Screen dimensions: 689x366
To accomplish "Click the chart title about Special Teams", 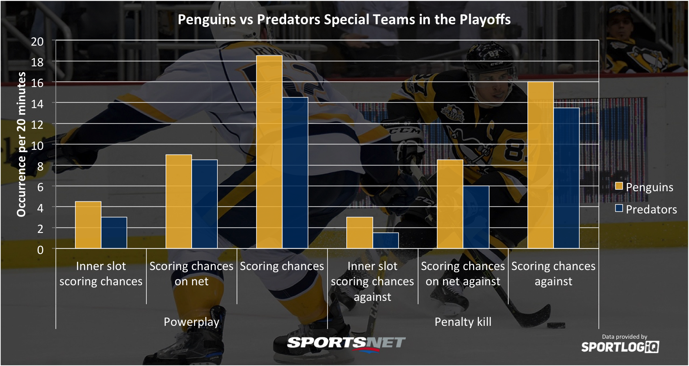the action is (x=344, y=20).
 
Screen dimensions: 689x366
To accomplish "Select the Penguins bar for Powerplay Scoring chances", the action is (x=269, y=152).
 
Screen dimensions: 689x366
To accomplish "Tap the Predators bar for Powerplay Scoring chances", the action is (x=295, y=173).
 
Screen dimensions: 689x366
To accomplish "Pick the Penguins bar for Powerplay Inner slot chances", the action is (x=88, y=225).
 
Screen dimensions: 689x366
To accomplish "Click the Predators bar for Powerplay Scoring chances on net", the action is (x=205, y=204).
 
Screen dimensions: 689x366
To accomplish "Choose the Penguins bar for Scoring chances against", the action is (x=541, y=165).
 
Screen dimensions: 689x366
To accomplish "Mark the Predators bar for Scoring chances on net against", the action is (x=476, y=217).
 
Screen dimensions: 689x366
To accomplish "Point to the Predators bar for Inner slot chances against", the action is (x=386, y=240).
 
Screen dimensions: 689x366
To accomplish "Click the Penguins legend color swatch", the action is (x=619, y=186).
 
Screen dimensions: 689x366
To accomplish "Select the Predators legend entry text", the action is (x=652, y=210).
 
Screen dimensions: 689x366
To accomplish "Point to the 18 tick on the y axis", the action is (x=37, y=62).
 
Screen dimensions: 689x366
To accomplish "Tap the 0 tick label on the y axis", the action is (x=40, y=250).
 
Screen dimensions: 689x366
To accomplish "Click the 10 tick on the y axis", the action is (x=37, y=146).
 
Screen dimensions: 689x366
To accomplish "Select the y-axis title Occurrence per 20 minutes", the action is (x=21, y=144).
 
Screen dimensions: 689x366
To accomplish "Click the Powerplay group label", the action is (x=191, y=322).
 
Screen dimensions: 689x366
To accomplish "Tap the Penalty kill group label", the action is (x=463, y=322).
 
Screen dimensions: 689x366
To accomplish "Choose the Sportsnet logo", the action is (x=346, y=343).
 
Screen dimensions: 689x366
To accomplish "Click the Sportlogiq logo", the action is (x=620, y=346).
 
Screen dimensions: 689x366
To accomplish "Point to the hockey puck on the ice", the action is (x=556, y=325).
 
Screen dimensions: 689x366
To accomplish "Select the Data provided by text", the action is (x=625, y=337).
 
